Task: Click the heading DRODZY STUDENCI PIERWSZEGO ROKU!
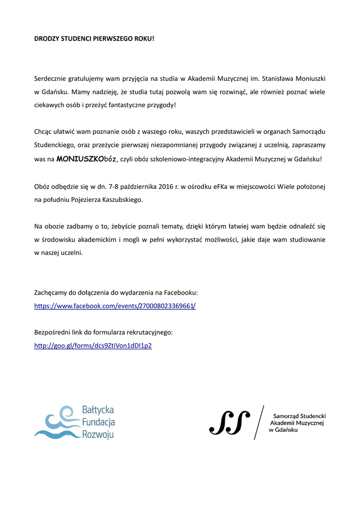94,38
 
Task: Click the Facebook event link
115,306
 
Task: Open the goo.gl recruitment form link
93,345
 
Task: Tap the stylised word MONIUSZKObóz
86,159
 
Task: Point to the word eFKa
221,187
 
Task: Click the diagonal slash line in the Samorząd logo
259,422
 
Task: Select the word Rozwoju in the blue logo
98,435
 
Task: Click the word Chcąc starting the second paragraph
43,131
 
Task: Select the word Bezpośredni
54,332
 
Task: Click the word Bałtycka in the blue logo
98,410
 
